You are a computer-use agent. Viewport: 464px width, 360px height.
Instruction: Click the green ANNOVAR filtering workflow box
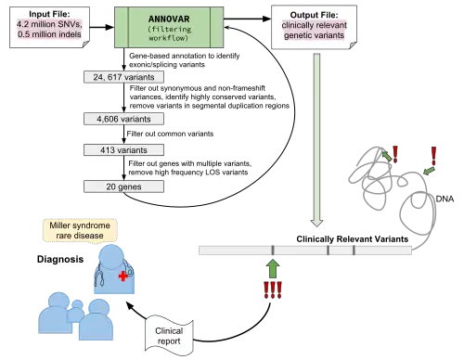(x=169, y=27)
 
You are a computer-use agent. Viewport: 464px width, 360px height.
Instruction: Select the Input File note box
(x=49, y=28)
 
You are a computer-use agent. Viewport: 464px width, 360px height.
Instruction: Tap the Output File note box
(x=314, y=27)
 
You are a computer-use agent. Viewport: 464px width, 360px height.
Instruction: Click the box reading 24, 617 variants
(x=123, y=77)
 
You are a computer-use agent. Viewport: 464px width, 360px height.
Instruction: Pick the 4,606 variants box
(x=123, y=119)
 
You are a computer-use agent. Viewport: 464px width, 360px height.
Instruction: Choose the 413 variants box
(x=123, y=150)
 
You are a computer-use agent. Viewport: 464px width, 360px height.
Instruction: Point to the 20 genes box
(x=123, y=186)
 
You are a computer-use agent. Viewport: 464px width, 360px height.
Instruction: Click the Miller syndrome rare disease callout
(x=80, y=230)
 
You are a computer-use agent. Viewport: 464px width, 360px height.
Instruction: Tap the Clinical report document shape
(x=169, y=336)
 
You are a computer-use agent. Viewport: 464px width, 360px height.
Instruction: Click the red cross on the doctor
(x=123, y=276)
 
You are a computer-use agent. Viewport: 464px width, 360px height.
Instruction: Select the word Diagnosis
(x=60, y=259)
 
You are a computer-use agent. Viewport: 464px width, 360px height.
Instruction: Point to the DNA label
(x=445, y=199)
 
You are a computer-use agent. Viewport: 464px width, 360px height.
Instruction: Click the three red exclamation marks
(x=273, y=290)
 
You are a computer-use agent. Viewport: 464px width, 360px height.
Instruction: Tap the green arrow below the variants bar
(x=273, y=268)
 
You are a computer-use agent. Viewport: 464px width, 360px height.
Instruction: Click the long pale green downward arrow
(x=316, y=140)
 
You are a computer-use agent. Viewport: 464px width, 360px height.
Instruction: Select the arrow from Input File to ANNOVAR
(x=102, y=27)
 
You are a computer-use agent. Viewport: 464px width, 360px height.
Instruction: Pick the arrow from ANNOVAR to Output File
(x=248, y=19)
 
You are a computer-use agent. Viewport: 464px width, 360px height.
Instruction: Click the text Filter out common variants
(x=170, y=134)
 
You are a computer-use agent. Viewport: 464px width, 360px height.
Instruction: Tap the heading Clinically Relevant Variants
(x=353, y=239)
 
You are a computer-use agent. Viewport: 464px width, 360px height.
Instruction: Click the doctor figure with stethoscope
(x=114, y=269)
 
